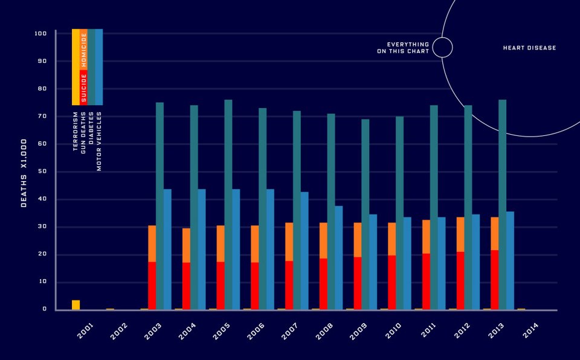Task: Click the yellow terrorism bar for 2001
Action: [76, 305]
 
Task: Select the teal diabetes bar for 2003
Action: [159, 205]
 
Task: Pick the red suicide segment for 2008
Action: [323, 284]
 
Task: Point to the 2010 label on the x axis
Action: [395, 330]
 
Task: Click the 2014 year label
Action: [532, 330]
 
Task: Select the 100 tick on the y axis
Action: [41, 34]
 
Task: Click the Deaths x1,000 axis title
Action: [24, 172]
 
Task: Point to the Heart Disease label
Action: [529, 48]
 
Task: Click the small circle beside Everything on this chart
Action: [442, 47]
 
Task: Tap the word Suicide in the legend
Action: [84, 88]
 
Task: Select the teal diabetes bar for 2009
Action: [365, 214]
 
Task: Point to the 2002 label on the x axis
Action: [119, 330]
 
